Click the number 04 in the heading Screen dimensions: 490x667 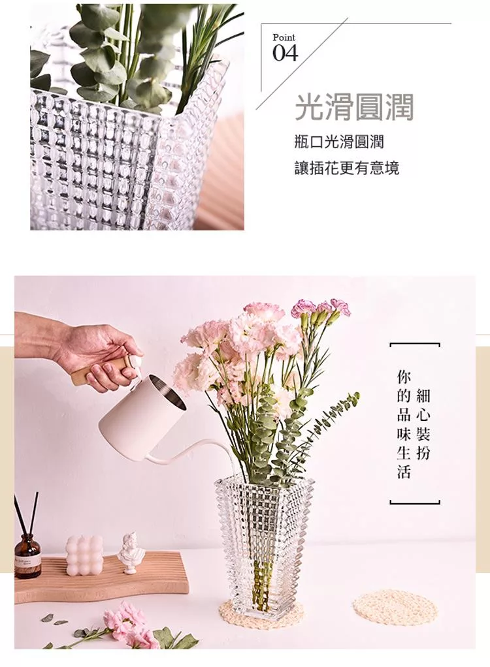tap(286, 53)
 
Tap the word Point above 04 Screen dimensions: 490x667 tap(284, 37)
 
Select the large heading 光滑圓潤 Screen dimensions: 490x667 tap(354, 107)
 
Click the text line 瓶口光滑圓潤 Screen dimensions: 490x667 tap(339, 142)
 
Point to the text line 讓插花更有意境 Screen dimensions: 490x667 tap(347, 168)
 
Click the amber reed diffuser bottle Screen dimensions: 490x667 tap(27, 557)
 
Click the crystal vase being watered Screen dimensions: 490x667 tap(264, 548)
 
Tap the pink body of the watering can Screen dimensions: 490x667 tap(140, 409)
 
